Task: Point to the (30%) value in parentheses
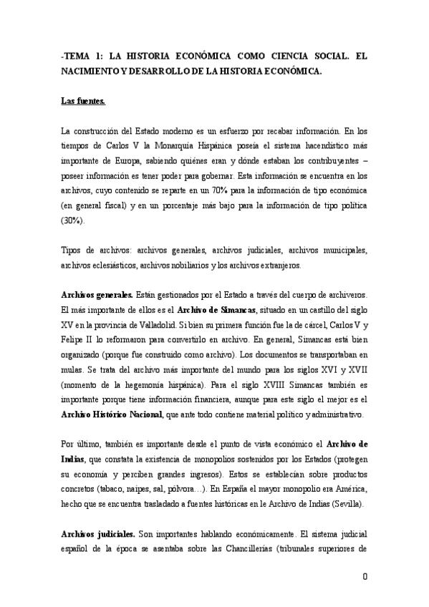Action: pos(72,220)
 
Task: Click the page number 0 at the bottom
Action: pos(365,576)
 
